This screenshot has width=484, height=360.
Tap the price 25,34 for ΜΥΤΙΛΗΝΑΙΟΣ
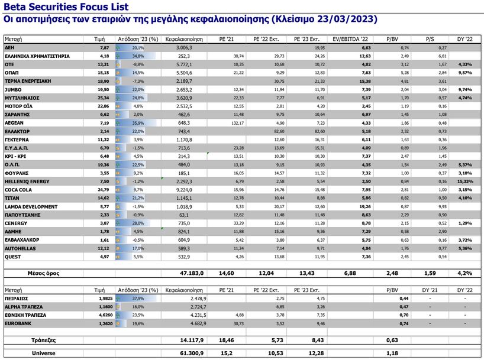(104, 98)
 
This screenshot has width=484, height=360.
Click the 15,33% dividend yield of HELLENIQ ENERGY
(464, 181)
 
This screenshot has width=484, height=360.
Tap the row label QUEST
(13, 257)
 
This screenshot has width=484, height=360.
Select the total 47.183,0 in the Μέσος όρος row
(192, 273)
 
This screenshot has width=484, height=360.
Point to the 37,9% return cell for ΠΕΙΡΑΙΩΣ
(137, 299)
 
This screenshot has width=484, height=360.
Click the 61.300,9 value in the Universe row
(192, 353)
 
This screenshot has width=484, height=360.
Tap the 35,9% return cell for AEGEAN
(137, 122)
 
